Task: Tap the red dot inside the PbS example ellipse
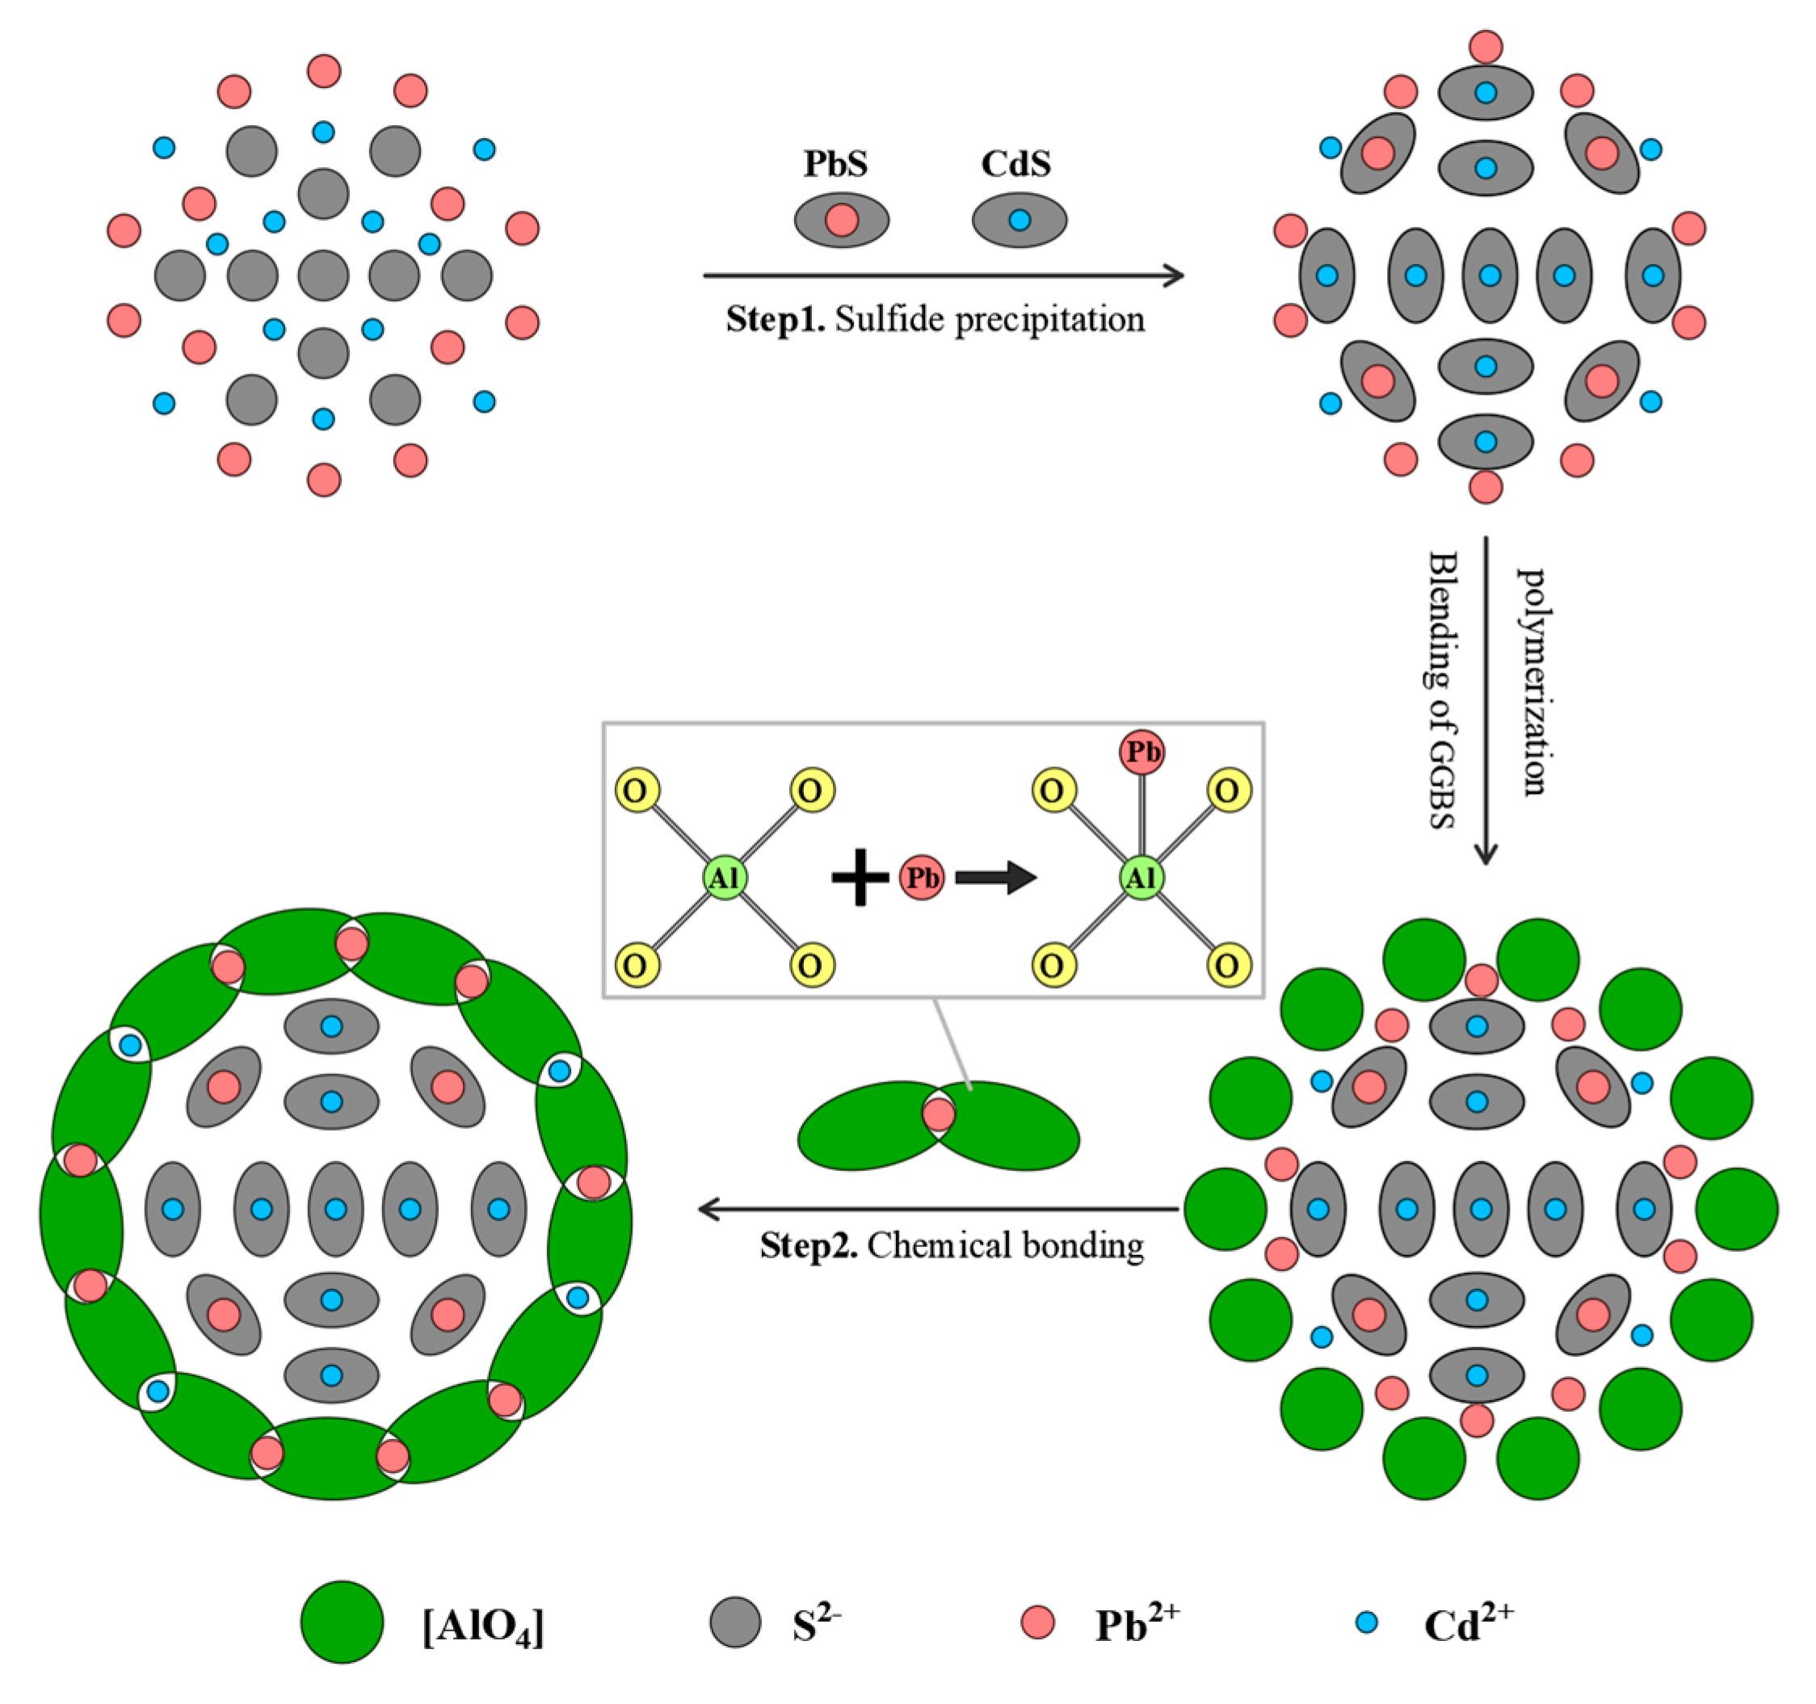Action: pyautogui.click(x=841, y=220)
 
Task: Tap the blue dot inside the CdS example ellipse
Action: pyautogui.click(x=1019, y=220)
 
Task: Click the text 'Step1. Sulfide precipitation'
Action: pyautogui.click(x=935, y=320)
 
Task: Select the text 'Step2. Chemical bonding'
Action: pyautogui.click(x=951, y=1245)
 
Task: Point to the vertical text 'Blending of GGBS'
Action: pyautogui.click(x=1443, y=690)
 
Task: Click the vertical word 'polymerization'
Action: pyautogui.click(x=1532, y=682)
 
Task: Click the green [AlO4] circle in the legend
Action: pyautogui.click(x=342, y=1622)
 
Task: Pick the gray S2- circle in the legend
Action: pyautogui.click(x=735, y=1622)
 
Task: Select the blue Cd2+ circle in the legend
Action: pyautogui.click(x=1367, y=1622)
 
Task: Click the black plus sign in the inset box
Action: pyautogui.click(x=860, y=878)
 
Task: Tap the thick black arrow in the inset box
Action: pyautogui.click(x=996, y=878)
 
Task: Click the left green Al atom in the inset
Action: pyautogui.click(x=725, y=878)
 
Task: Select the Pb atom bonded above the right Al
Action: pyautogui.click(x=1141, y=752)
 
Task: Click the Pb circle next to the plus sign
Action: pyautogui.click(x=922, y=878)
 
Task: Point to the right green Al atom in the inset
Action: pyautogui.click(x=1141, y=878)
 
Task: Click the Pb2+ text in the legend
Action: pyautogui.click(x=1137, y=1622)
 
